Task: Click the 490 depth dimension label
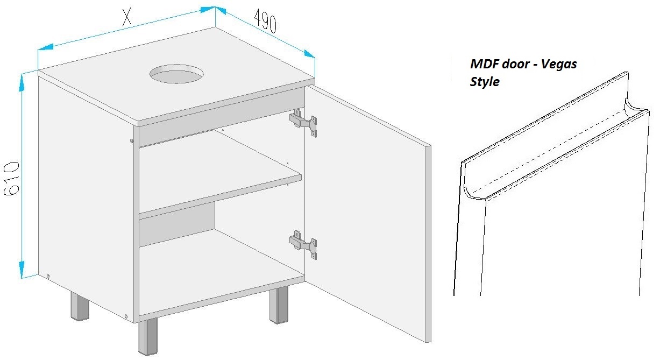pos(265,21)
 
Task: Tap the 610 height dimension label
pos(12,178)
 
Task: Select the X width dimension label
pos(127,17)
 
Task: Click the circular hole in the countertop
pos(176,74)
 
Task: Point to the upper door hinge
pos(303,122)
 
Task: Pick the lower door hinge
pos(303,245)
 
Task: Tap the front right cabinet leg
pos(279,306)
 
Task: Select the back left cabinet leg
pos(80,306)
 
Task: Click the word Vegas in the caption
pos(559,64)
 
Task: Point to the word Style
pos(485,82)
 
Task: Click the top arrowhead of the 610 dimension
pos(22,82)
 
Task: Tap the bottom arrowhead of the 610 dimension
pos(22,270)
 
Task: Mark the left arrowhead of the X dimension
pos(45,47)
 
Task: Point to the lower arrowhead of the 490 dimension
pos(309,54)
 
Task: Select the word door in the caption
pos(513,64)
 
